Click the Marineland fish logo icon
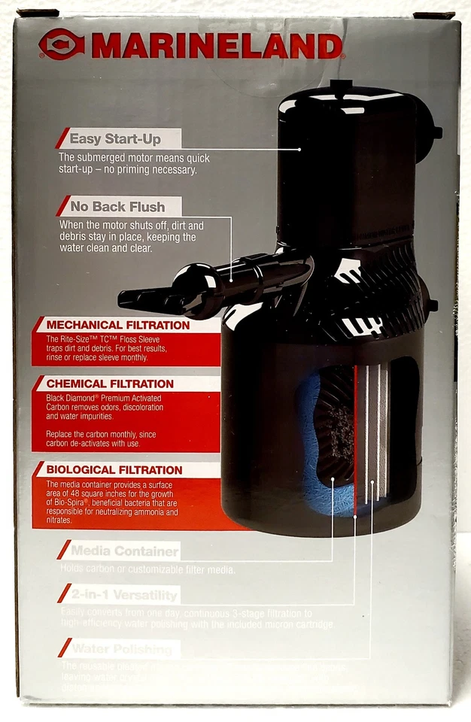pos(62,44)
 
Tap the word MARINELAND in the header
pos(216,47)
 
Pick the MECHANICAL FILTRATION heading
pos(118,326)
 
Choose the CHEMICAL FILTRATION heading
pos(110,384)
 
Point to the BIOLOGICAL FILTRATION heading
pos(114,470)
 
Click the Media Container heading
pos(124,551)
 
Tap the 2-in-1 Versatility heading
pos(124,596)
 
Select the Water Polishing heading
pos(120,648)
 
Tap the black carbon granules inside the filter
pos(339,436)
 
